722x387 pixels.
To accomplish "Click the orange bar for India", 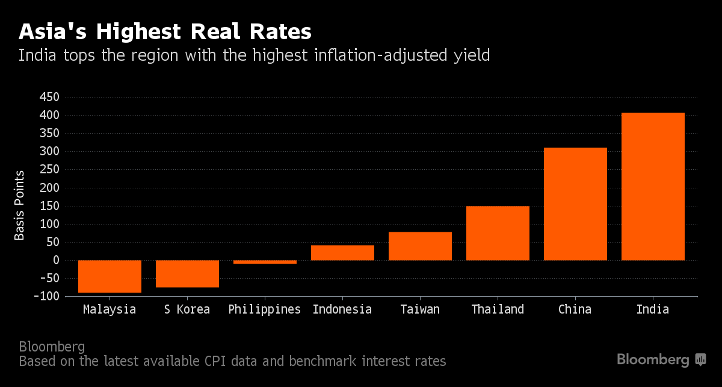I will (x=653, y=187).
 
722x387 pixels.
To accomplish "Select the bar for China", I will (x=575, y=204).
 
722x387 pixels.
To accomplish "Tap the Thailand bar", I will (x=498, y=234).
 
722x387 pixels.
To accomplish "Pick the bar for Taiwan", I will (x=420, y=246).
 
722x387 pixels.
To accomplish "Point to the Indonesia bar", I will (x=342, y=253).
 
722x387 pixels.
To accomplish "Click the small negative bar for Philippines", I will (x=265, y=262).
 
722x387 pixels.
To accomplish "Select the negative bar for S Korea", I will (x=187, y=274).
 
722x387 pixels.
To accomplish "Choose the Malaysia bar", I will (x=110, y=277).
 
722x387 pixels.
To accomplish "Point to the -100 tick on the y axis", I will (x=46, y=297).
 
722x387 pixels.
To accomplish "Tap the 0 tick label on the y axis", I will (x=55, y=261).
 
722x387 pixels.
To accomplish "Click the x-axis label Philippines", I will (x=265, y=310).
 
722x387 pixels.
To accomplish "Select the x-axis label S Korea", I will (x=187, y=310).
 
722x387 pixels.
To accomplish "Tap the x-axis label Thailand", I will (x=498, y=310).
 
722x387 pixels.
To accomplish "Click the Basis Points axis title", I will (x=20, y=205).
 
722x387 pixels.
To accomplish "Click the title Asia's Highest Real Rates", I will (x=165, y=31).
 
